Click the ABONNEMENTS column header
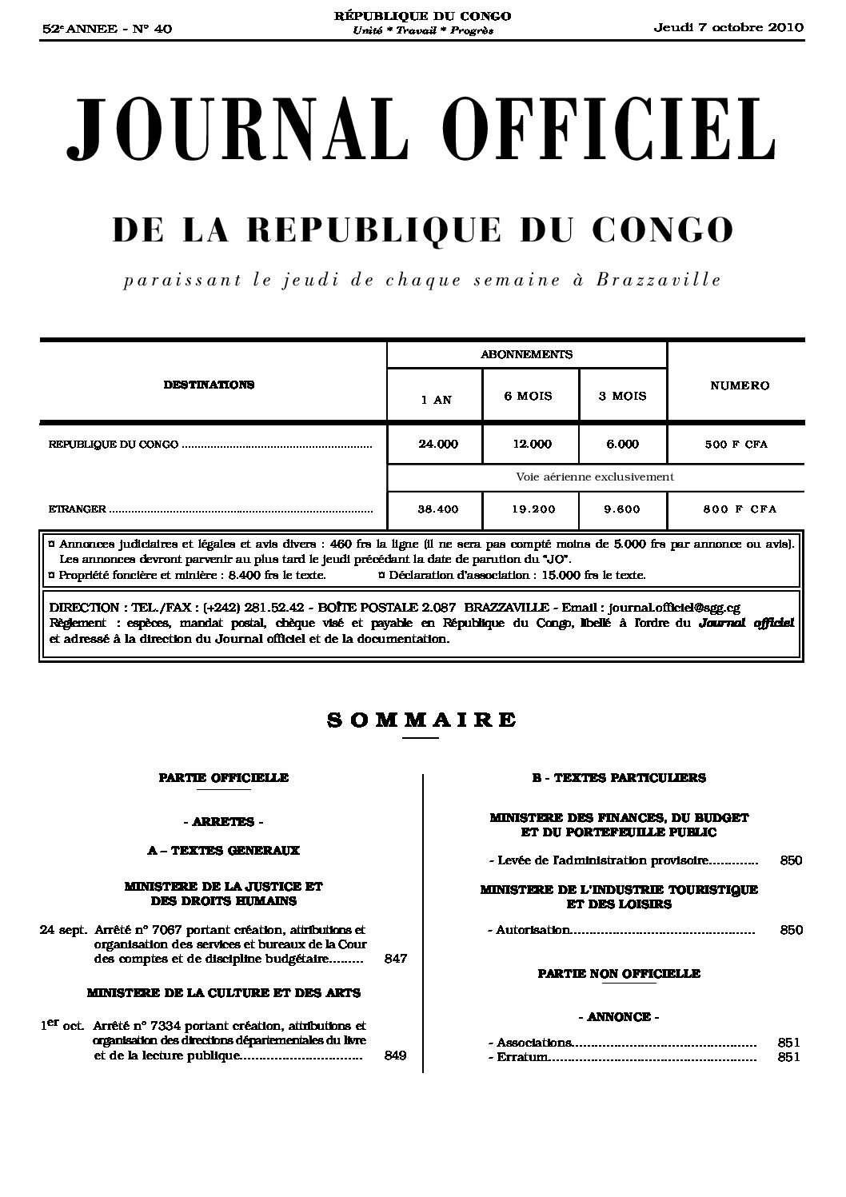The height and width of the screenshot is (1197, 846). (526, 354)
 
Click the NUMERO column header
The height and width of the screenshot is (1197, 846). (740, 385)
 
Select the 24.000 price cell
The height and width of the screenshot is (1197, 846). (438, 444)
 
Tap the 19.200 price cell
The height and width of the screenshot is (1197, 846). (531, 509)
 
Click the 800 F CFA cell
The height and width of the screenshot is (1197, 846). (740, 509)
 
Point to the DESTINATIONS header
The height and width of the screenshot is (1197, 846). (209, 385)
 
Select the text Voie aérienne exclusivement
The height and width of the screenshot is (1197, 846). (595, 477)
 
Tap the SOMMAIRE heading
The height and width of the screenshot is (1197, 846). (421, 720)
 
